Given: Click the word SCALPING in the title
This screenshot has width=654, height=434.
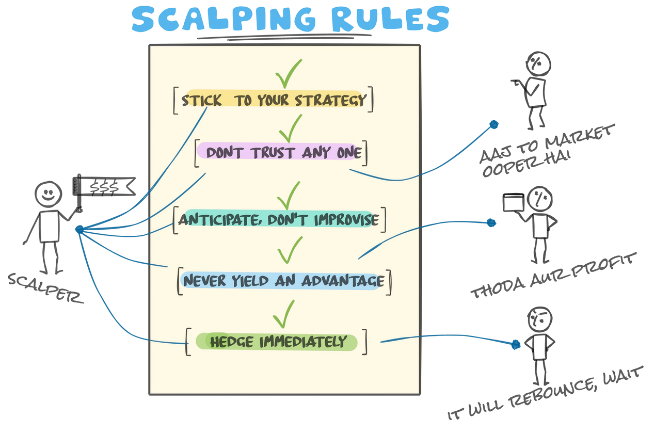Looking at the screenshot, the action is click(x=224, y=19).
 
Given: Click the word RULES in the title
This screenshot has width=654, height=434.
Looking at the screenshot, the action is click(x=390, y=19).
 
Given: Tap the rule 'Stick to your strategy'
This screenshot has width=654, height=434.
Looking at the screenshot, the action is click(x=274, y=100).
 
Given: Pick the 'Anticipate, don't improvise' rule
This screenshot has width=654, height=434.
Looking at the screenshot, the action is click(x=279, y=219).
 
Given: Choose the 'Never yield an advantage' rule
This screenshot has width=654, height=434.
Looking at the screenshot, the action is click(x=283, y=281).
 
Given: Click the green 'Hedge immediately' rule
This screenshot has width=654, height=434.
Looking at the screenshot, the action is click(x=277, y=342).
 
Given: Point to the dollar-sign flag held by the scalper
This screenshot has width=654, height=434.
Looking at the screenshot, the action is click(x=104, y=186).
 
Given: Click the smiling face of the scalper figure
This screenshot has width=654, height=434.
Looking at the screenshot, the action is click(x=48, y=194).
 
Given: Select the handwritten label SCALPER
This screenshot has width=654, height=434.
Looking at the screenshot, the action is click(x=45, y=288).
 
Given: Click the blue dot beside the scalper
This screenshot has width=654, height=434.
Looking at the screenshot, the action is click(x=79, y=230).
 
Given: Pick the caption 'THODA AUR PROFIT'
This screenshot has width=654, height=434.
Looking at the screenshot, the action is click(x=553, y=275).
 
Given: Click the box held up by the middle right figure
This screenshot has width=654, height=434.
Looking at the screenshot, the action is click(x=513, y=202).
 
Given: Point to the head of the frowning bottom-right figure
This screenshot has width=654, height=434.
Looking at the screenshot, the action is click(x=540, y=319).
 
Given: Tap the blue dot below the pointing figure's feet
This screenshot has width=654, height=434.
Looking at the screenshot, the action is click(x=494, y=124).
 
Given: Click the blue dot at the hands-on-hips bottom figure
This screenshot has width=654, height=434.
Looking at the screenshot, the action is click(x=516, y=344).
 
